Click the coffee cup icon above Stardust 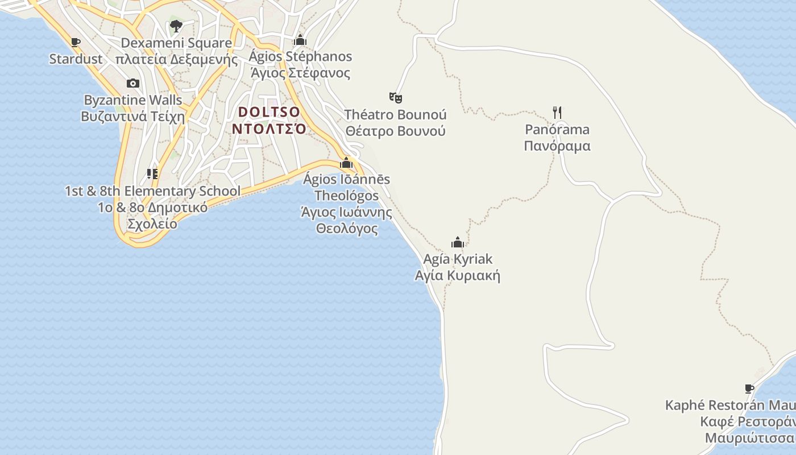75,42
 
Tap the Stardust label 76,59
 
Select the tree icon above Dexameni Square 176,26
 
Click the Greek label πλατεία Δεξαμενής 176,59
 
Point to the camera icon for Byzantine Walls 133,84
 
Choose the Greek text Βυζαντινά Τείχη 133,117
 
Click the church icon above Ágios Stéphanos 300,40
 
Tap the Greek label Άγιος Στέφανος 300,73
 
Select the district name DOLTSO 269,111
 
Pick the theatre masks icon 396,97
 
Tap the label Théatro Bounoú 396,114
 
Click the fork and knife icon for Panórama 557,112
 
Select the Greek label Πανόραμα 557,146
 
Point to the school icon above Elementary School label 152,173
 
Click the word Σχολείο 152,224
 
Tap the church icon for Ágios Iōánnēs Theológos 346,163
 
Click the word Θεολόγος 347,229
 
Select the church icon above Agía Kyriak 458,243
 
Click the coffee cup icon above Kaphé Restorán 749,389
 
